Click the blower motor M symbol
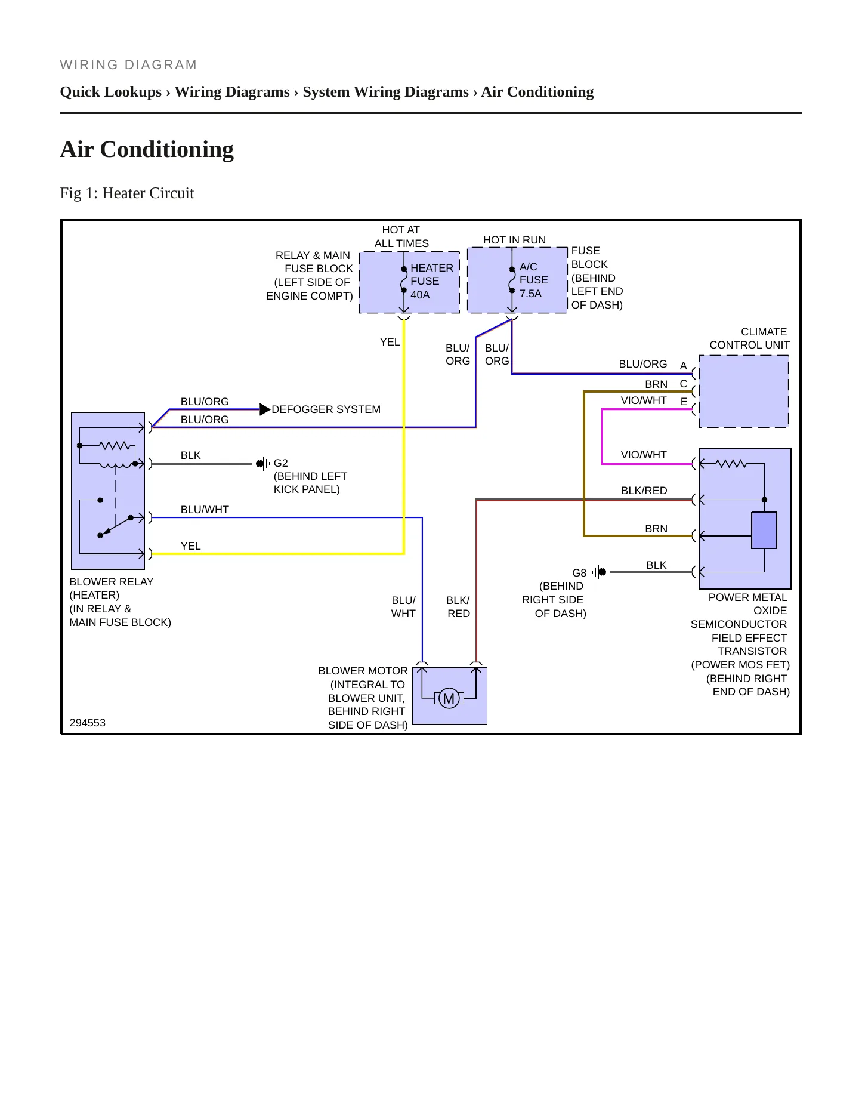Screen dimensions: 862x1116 click(x=449, y=698)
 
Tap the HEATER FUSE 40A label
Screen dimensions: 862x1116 click(x=432, y=281)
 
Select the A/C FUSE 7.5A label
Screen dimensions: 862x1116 click(x=533, y=280)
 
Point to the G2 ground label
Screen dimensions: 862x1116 click(x=280, y=463)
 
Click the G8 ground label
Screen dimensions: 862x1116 click(x=579, y=573)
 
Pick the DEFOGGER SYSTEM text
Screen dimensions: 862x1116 click(x=326, y=409)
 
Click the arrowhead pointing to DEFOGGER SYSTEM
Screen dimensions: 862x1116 click(x=265, y=409)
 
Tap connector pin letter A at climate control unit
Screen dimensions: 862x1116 click(x=684, y=366)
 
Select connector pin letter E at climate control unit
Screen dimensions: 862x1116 click(x=684, y=402)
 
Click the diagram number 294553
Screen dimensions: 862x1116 click(x=88, y=723)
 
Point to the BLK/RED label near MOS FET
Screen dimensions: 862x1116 click(x=644, y=491)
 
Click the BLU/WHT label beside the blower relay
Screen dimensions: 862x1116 click(x=205, y=510)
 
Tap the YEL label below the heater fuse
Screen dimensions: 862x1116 click(x=390, y=342)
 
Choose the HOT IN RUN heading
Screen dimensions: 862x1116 click(x=514, y=240)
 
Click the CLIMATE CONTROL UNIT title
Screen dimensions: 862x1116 click(x=749, y=338)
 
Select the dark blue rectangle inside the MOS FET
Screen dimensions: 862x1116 click(x=764, y=531)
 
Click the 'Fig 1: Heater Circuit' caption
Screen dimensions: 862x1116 click(x=127, y=193)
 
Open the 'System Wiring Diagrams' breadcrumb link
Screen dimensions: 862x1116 click(x=385, y=92)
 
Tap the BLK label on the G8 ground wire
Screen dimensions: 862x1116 click(x=656, y=565)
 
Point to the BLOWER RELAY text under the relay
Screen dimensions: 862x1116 click(x=112, y=582)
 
